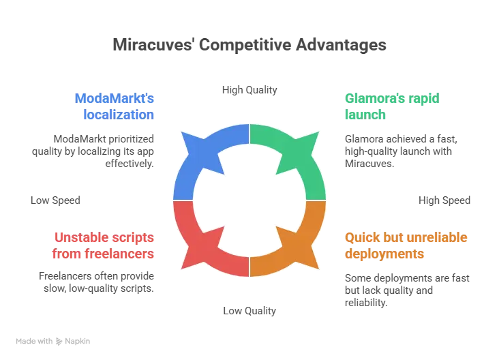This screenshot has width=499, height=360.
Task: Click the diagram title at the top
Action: click(x=249, y=46)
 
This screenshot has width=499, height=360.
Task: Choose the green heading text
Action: click(x=382, y=106)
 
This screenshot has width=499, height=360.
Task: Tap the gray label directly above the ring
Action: click(x=248, y=91)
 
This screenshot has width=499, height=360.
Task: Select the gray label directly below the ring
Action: click(x=250, y=311)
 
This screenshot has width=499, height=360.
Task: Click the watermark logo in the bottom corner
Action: click(x=54, y=340)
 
